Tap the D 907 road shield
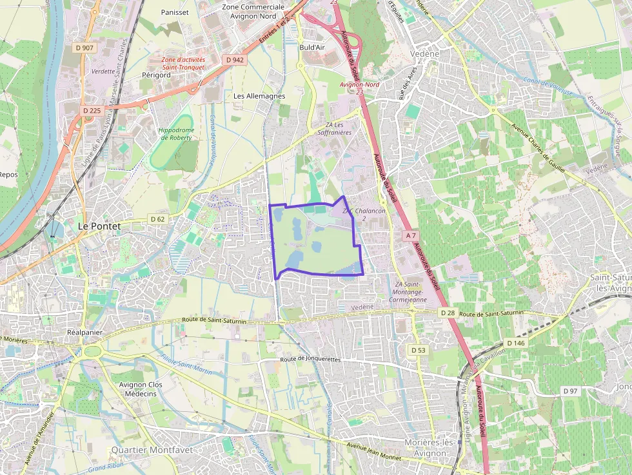(84, 48)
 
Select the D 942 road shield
(235, 60)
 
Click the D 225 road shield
(92, 111)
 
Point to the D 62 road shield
(157, 218)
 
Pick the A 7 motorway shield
(411, 235)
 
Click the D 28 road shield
(448, 313)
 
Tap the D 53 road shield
(419, 350)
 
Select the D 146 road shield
(515, 343)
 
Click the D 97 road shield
(571, 391)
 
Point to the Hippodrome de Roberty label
(176, 133)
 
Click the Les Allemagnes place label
(259, 96)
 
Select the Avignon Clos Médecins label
(141, 389)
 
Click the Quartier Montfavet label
(152, 450)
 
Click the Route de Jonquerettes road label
(311, 359)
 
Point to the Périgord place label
(156, 75)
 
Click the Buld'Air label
(311, 47)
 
